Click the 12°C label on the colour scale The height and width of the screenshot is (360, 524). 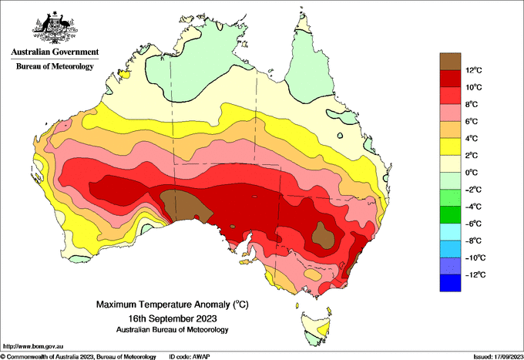click(x=474, y=70)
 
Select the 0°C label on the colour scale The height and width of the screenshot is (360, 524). click(x=472, y=173)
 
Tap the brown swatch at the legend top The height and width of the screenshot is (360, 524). click(x=450, y=62)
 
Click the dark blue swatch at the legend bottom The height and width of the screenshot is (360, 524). click(x=450, y=283)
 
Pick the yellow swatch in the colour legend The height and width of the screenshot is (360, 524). click(x=450, y=146)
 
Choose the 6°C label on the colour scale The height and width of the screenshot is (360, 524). click(x=472, y=121)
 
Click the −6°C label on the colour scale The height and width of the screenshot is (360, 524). click(x=473, y=224)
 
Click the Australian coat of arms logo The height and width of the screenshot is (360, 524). click(x=55, y=28)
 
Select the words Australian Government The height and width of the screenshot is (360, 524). click(x=55, y=52)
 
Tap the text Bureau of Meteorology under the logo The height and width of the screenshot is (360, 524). click(x=55, y=66)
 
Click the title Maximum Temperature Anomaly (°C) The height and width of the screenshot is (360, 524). click(x=173, y=304)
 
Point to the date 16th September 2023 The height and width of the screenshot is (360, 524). click(x=173, y=318)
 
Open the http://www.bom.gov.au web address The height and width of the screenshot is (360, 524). click(x=33, y=346)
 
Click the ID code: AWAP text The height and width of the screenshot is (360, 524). click(x=190, y=357)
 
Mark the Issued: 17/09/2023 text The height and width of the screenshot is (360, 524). click(x=499, y=357)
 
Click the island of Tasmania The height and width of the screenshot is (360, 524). click(x=317, y=328)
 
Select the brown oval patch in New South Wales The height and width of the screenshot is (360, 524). click(x=323, y=235)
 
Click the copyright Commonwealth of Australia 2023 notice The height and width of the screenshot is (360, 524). click(x=78, y=357)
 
